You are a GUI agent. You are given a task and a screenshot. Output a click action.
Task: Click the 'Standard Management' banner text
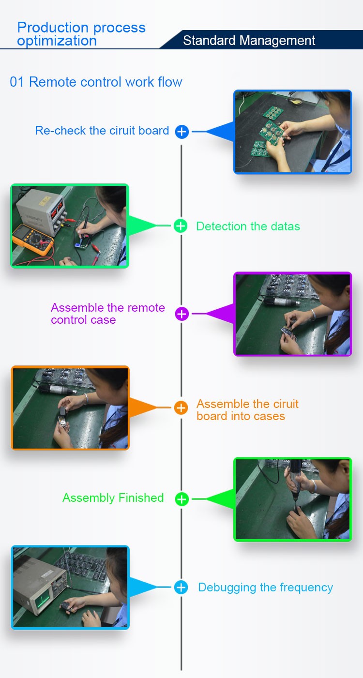(249, 40)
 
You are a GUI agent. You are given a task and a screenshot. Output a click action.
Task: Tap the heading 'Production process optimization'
(81, 34)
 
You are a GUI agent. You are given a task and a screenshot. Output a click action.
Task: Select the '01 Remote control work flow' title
(96, 82)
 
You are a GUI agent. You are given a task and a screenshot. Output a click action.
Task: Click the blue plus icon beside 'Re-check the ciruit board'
(181, 132)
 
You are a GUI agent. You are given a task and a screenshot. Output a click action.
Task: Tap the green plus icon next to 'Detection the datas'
(181, 226)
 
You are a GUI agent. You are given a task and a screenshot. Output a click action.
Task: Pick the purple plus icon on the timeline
(181, 314)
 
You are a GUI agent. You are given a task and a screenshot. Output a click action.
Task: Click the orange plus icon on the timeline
(181, 407)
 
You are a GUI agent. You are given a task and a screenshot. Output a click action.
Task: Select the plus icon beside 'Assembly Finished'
(181, 499)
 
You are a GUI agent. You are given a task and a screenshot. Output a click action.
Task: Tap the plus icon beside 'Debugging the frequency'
(181, 588)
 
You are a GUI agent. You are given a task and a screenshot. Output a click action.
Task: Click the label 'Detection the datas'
(248, 226)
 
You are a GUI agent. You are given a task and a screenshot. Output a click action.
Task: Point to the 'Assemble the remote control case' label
(108, 314)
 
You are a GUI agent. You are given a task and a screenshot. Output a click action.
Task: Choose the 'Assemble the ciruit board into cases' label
(247, 410)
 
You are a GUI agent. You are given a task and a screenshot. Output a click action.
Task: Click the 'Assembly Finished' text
(113, 498)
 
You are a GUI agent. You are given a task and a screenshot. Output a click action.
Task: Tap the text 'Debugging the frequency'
(265, 588)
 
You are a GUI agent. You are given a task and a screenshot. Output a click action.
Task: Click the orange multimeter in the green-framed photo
(33, 240)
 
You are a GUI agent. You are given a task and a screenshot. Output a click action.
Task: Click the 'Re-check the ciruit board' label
(102, 131)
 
